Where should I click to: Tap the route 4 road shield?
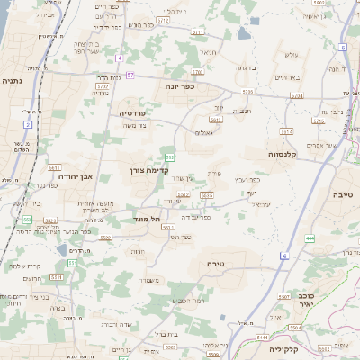(x=119, y=58)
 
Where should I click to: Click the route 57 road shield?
(x=130, y=75)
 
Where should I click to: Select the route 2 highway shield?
(x=28, y=124)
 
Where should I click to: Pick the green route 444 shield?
(x=309, y=238)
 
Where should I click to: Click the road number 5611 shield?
(x=54, y=167)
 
